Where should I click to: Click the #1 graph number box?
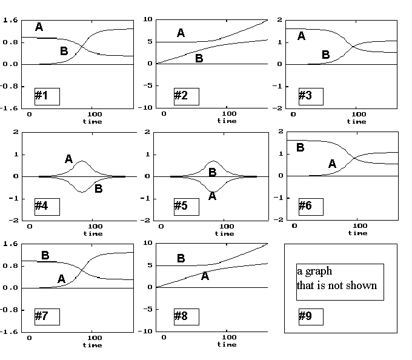point(47,96)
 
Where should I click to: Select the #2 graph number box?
point(187,96)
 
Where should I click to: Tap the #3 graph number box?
point(311,96)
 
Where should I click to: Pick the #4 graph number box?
point(47,207)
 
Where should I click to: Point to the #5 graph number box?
point(187,207)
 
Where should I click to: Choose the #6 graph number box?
point(311,207)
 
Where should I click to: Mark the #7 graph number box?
point(47,316)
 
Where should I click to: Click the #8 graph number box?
point(187,316)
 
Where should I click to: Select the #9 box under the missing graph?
point(311,316)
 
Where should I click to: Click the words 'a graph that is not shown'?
point(337,278)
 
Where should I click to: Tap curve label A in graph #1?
point(39,27)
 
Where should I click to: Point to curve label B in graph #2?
point(199,58)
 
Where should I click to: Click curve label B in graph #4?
point(99,188)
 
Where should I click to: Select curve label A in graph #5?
point(212,196)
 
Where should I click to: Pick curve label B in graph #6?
point(301,147)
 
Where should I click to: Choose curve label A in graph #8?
point(205,276)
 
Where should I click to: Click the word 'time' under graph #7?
point(93,345)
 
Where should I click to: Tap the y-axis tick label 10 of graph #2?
point(148,19)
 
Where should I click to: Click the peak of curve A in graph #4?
point(82,161)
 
